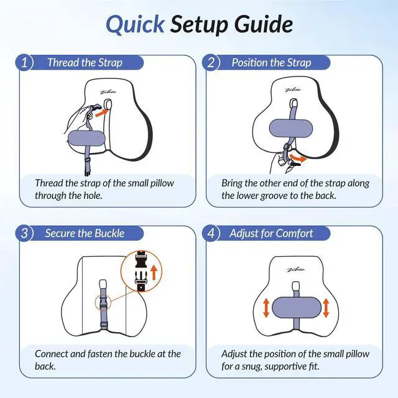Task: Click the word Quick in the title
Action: (x=135, y=25)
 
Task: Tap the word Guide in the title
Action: (x=264, y=24)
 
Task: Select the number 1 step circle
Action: (x=24, y=62)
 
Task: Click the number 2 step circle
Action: (x=211, y=62)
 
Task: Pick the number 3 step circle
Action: (x=24, y=233)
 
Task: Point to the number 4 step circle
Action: (x=211, y=233)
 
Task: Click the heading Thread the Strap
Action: (x=85, y=62)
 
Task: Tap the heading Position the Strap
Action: (x=271, y=62)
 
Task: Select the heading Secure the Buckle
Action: (x=85, y=233)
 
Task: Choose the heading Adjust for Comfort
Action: (x=271, y=233)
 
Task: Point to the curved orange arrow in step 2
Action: (x=298, y=157)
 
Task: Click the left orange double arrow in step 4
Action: (x=266, y=308)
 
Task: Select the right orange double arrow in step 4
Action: (x=326, y=308)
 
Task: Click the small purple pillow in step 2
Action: (x=291, y=128)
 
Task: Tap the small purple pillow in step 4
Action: (x=297, y=307)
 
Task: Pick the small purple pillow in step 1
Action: (x=86, y=139)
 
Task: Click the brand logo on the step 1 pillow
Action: (x=108, y=92)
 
